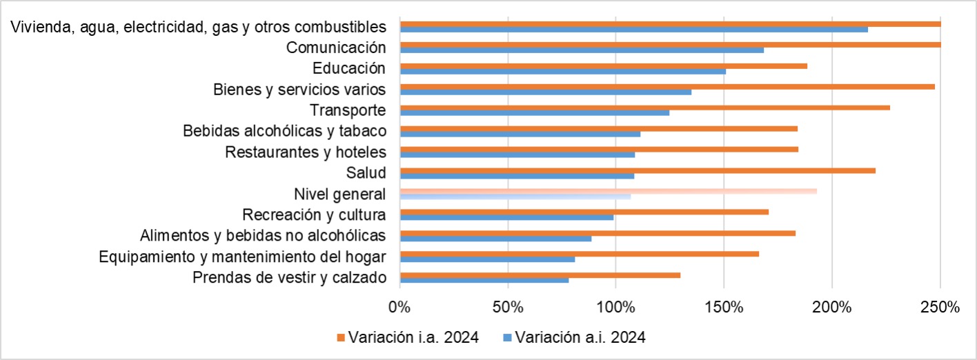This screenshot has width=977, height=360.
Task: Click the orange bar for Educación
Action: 603,66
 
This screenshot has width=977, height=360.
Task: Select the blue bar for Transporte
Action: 534,112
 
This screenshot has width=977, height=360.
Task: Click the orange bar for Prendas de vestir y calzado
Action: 540,275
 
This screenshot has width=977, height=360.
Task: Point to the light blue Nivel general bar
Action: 515,197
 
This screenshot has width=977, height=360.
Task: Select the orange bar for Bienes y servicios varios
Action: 667,87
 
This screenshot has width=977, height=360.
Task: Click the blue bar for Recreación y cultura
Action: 506,217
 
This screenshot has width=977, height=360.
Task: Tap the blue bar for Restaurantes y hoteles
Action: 517,154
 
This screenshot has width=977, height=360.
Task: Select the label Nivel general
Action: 339,194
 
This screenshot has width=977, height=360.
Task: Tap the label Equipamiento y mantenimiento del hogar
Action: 242,257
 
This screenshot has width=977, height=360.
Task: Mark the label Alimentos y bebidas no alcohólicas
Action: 262,235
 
